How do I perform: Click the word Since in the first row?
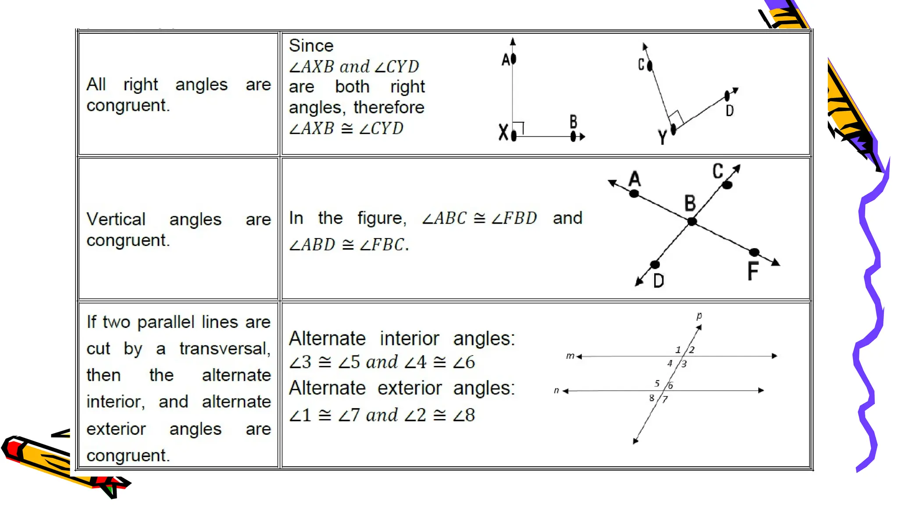pos(311,46)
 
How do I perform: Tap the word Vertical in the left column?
pos(116,219)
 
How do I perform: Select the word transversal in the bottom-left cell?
pos(224,349)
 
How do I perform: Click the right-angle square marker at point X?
pos(518,128)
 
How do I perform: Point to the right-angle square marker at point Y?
pos(677,117)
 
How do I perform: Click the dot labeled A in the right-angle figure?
pos(513,58)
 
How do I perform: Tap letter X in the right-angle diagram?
pos(503,132)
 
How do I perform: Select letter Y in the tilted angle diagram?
pos(662,138)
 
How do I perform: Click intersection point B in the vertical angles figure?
pos(692,221)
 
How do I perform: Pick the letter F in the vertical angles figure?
pos(753,271)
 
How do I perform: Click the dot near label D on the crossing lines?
pos(655,264)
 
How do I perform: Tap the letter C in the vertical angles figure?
pos(718,171)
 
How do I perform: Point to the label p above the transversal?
pos(699,316)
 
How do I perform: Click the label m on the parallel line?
pos(570,356)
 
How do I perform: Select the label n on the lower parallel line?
pos(556,390)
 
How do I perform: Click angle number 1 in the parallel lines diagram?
pos(678,350)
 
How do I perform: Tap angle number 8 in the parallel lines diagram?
pos(652,398)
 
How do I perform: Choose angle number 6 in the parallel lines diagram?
pos(670,386)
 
